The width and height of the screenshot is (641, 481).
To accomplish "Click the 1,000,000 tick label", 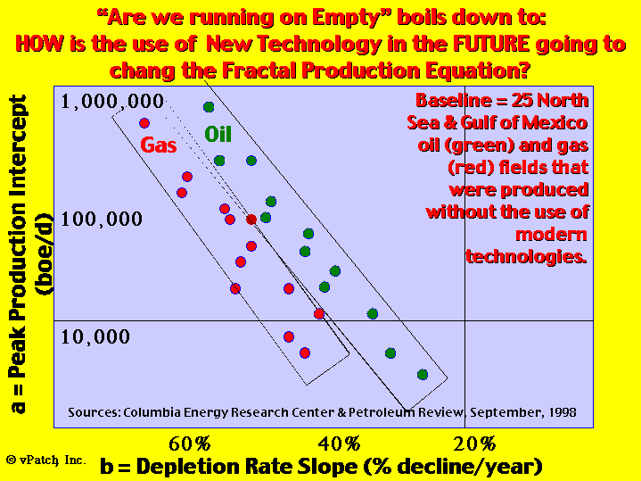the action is pyautogui.click(x=112, y=102).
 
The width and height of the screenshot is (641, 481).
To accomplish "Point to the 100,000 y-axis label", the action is pyautogui.click(x=102, y=220).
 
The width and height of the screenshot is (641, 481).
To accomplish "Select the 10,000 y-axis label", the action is pyautogui.click(x=95, y=337).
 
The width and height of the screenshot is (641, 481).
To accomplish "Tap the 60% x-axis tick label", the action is pyautogui.click(x=190, y=444).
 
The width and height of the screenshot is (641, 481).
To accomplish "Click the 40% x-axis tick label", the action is pyautogui.click(x=340, y=444).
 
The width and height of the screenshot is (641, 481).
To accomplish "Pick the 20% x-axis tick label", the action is pyautogui.click(x=474, y=444).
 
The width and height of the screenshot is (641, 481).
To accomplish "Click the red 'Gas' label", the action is pyautogui.click(x=159, y=145).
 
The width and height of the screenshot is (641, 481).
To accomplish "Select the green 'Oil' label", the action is pyautogui.click(x=218, y=134).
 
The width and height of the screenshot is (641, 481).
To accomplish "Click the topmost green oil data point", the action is pyautogui.click(x=209, y=107).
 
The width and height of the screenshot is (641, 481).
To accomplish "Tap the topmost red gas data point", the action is pyautogui.click(x=144, y=123).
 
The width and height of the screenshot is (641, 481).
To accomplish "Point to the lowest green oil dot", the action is pyautogui.click(x=423, y=375).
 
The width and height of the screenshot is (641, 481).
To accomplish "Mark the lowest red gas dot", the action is pyautogui.click(x=305, y=352).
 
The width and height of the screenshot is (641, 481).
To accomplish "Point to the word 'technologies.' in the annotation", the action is pyautogui.click(x=527, y=257).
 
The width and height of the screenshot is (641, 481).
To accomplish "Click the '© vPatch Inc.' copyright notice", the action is pyautogui.click(x=46, y=460).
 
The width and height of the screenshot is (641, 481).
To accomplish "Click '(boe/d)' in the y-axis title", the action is pyautogui.click(x=45, y=254).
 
